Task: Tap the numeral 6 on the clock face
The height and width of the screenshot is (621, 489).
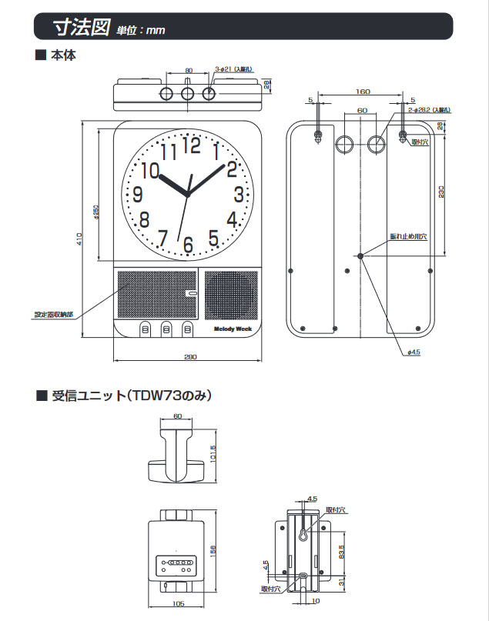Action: coord(188,245)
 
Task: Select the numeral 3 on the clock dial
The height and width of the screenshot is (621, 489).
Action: coord(239,194)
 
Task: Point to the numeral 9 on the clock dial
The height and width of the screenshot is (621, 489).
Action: coord(138,195)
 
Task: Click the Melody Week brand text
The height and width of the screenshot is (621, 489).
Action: coord(232,328)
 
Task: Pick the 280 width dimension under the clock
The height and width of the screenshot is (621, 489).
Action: coord(190,356)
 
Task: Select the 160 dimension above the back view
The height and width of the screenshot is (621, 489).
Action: coord(362,92)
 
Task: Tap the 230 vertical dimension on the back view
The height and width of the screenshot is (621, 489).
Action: coord(442,192)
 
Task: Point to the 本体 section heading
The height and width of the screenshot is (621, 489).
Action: coord(63,55)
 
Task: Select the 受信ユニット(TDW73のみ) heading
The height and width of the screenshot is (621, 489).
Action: coord(131,396)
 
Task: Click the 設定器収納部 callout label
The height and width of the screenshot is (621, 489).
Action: coord(54,314)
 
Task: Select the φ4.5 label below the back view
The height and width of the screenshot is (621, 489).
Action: coord(413,352)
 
